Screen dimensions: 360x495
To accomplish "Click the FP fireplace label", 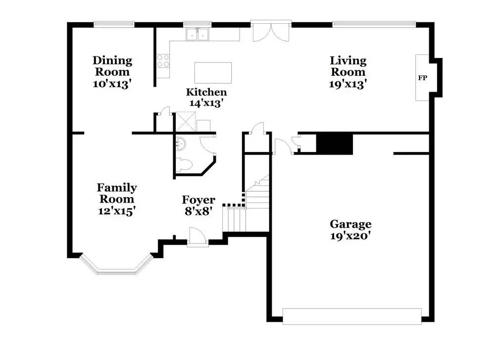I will click(422, 78).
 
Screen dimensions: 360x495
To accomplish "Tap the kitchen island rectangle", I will click(213, 73).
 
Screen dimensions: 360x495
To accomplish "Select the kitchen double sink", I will click(198, 34).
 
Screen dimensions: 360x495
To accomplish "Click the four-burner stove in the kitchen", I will click(163, 60).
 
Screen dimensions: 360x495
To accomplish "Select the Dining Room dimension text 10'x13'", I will click(112, 84).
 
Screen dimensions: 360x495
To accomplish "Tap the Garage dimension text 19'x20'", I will click(350, 236).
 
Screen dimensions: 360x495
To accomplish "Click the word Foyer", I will click(198, 200).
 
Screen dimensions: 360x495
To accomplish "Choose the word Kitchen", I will click(206, 92).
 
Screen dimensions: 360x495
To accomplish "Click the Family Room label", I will click(117, 193).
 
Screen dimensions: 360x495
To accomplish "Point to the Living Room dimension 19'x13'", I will click(348, 84).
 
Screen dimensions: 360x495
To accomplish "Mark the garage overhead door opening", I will click(352, 316).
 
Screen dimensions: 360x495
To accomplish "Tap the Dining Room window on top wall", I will click(114, 23).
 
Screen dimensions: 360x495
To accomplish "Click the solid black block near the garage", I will click(334, 144).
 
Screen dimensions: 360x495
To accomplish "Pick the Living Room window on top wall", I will click(374, 23).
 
